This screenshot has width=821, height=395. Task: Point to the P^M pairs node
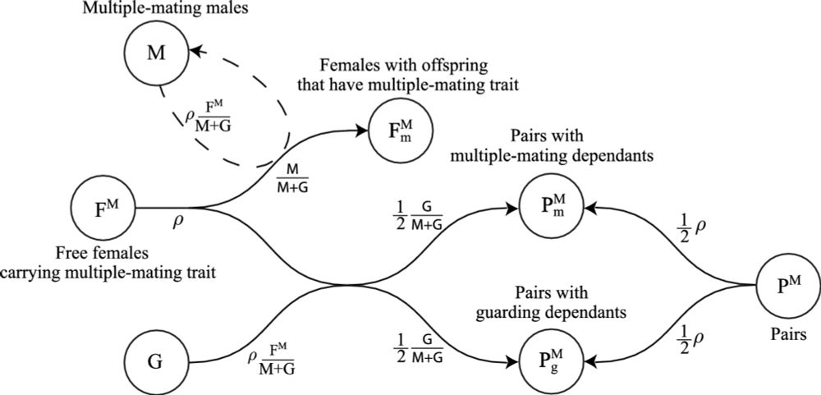(786, 285)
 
